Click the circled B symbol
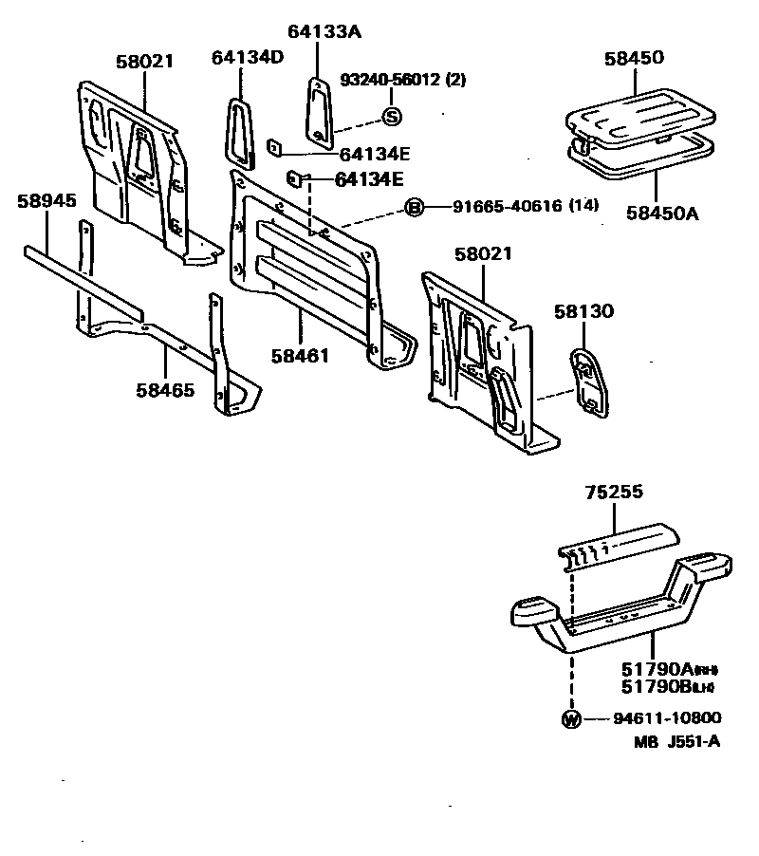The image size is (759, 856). [415, 208]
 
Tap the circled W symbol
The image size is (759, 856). [571, 718]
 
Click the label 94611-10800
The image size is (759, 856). [654, 718]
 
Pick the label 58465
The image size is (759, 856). [165, 389]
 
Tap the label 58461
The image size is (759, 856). [300, 356]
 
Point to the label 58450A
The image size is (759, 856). [661, 213]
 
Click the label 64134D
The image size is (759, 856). [248, 58]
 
